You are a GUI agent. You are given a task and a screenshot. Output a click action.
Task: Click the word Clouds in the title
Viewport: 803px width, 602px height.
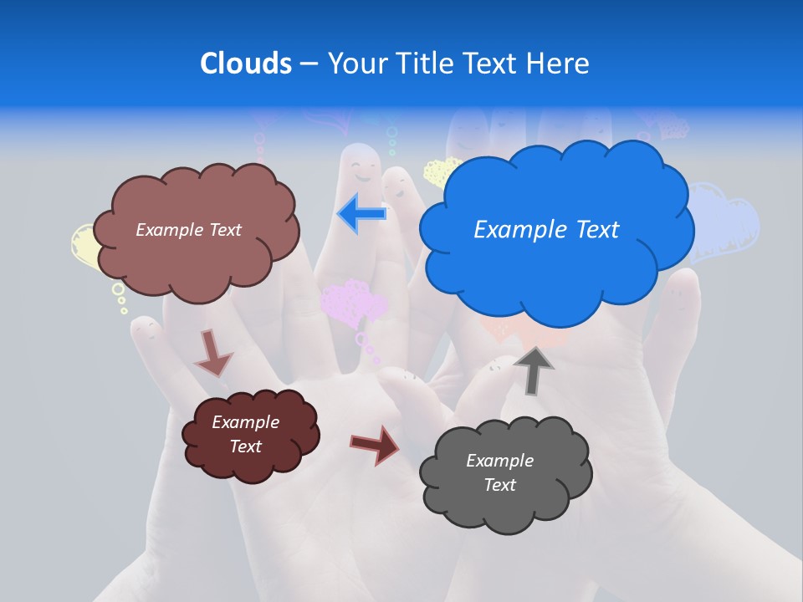point(245,63)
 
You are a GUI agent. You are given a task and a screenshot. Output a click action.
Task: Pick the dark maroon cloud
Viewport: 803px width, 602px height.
point(249,435)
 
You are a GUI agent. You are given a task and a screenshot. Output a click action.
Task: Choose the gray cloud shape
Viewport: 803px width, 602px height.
point(505,473)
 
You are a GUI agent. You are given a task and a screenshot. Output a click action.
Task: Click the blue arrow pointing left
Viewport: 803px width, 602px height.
point(362,214)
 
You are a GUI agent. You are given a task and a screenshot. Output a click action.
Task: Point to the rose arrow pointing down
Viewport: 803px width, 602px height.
point(212,353)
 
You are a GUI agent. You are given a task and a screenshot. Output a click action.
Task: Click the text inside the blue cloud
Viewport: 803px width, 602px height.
point(546,230)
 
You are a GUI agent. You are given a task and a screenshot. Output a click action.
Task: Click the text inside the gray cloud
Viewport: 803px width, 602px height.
point(499,472)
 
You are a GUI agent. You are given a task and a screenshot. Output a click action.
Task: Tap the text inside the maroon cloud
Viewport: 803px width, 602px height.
point(245,434)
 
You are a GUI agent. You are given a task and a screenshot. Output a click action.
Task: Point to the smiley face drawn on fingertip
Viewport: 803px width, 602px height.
point(362,167)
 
